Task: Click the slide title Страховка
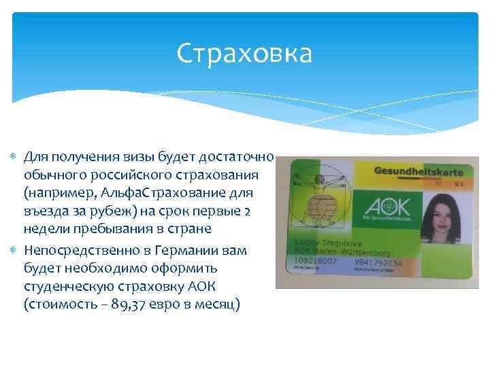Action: tap(244, 54)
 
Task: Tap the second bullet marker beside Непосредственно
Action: tap(16, 251)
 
